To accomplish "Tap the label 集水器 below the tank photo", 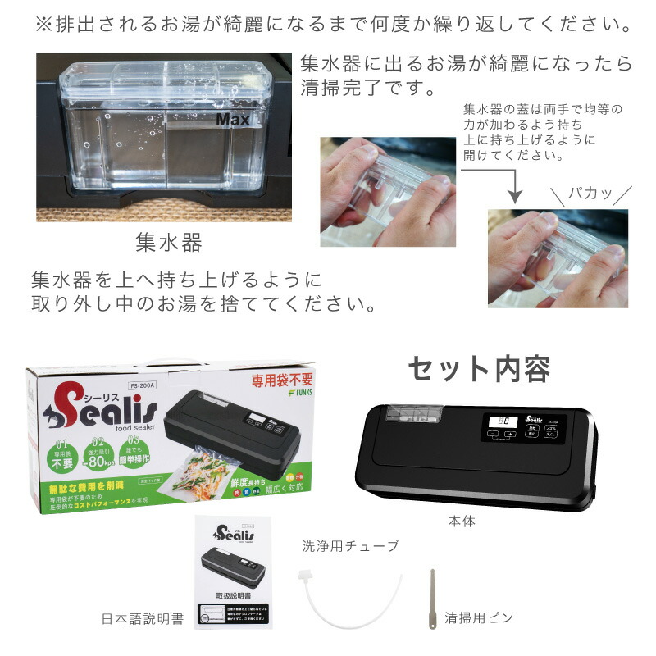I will point(168,243).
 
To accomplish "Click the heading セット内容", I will point(480,370).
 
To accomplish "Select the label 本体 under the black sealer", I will point(461,521).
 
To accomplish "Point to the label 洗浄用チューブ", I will point(351,546).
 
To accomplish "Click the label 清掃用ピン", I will point(479,617).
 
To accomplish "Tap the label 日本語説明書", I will point(143,617).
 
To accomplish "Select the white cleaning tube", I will point(349,598).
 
